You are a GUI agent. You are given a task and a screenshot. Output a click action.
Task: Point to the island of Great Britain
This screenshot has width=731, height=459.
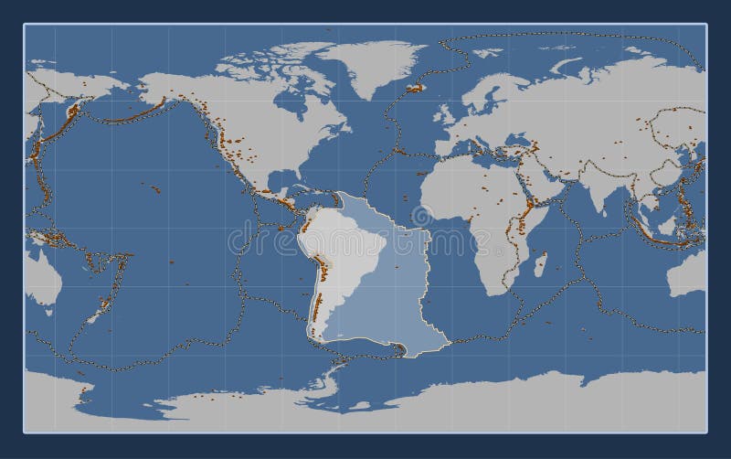(445, 112)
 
